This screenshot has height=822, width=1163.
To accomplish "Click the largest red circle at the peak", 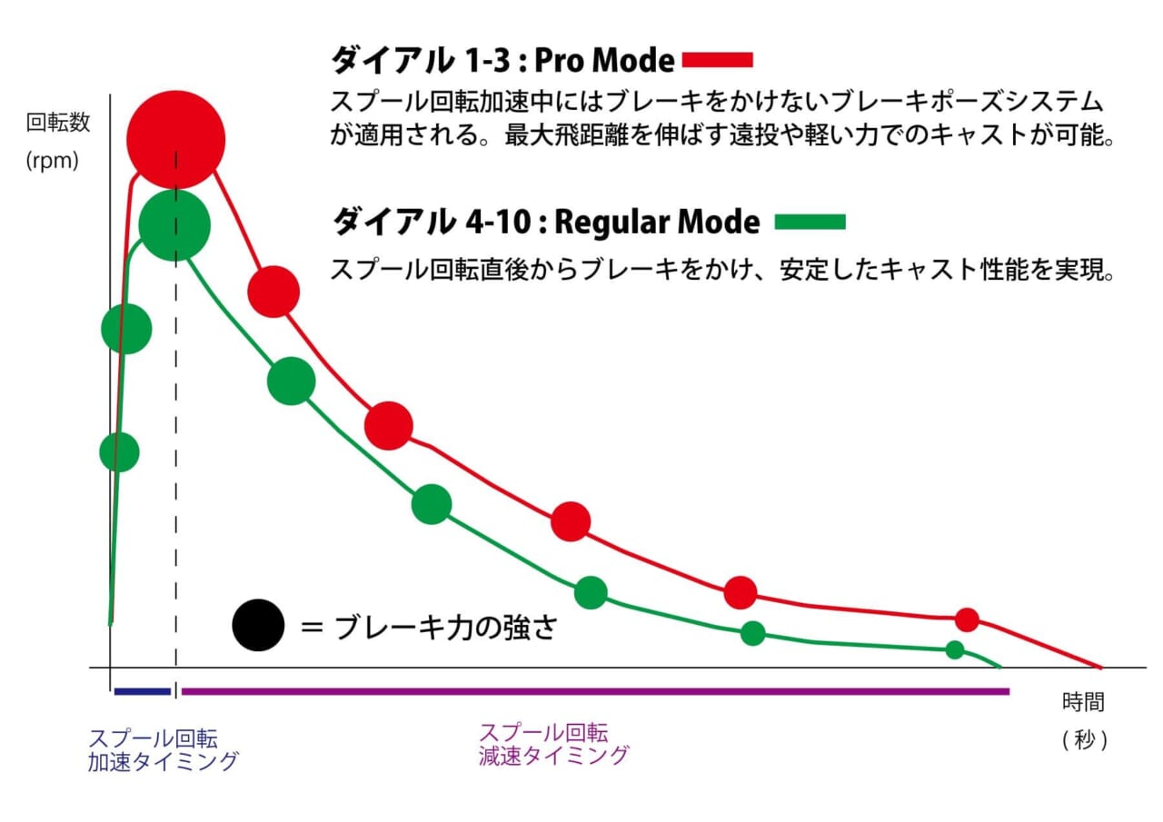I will click(175, 139).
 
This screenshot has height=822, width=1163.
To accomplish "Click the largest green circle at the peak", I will click(175, 225).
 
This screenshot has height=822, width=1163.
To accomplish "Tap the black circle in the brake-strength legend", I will click(258, 627).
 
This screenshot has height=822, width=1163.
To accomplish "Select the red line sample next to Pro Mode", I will click(718, 60).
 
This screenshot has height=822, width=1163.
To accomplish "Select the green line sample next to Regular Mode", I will click(810, 222).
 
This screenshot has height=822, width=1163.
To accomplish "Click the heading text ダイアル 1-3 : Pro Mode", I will click(502, 60).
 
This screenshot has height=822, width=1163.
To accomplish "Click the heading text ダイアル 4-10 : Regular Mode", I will click(545, 222).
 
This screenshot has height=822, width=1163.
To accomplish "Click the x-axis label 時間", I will click(1083, 702).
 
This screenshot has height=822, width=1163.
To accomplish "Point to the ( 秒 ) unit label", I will click(1084, 739).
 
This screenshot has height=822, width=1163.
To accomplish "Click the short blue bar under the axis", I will click(143, 691).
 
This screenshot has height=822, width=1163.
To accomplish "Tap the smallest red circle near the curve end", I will click(967, 619).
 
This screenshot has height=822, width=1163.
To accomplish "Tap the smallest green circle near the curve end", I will click(954, 649).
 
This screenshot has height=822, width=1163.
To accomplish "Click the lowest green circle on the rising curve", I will click(119, 451).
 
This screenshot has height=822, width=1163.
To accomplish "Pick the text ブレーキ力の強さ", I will click(444, 628).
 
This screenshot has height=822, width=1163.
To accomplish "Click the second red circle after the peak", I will click(389, 425).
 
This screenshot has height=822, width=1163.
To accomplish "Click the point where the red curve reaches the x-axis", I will click(1100, 668).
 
